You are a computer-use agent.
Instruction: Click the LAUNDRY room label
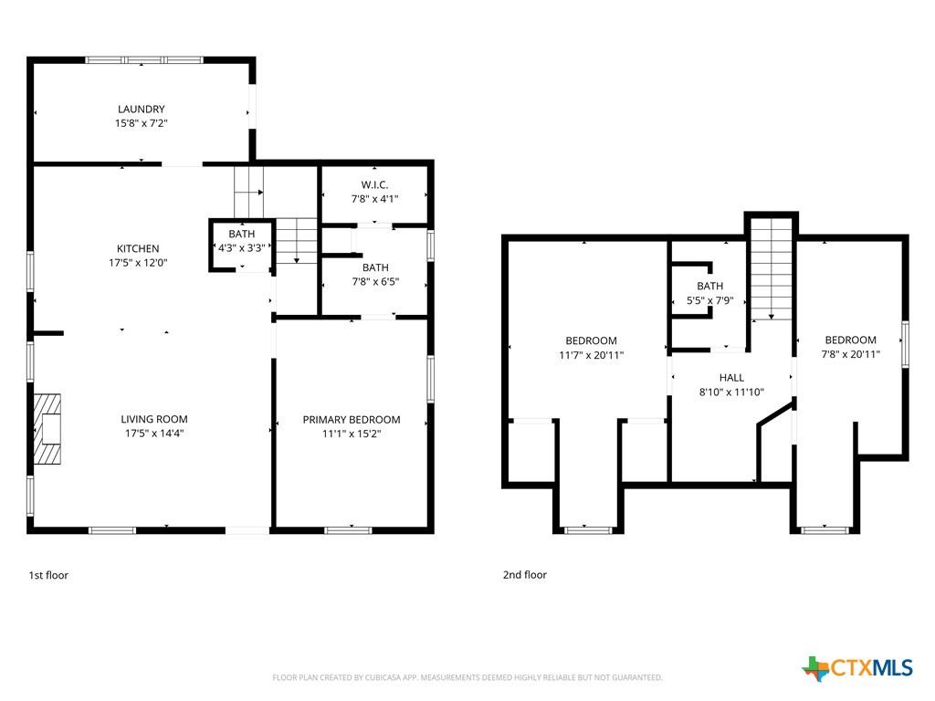tap(142, 110)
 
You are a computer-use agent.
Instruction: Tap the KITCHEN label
tap(138, 248)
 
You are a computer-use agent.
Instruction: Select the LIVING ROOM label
tap(153, 419)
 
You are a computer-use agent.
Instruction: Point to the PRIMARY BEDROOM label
tap(352, 420)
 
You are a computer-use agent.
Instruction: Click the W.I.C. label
tap(374, 184)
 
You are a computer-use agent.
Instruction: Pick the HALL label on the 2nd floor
tap(731, 377)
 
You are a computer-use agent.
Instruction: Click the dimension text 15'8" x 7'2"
tap(142, 123)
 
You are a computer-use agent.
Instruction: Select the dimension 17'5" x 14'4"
tap(153, 434)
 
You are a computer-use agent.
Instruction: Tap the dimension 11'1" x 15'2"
tap(352, 434)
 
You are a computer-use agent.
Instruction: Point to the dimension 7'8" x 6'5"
tap(375, 282)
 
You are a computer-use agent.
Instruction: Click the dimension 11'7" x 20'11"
tap(591, 355)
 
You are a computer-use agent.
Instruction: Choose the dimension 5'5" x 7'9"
tap(709, 300)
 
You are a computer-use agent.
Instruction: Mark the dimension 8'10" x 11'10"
tap(731, 392)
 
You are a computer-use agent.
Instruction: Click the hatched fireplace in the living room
tap(47, 429)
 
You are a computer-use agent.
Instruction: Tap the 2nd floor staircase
tap(771, 269)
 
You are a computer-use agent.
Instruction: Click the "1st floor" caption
tap(48, 575)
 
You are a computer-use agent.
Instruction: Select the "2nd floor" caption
tap(525, 575)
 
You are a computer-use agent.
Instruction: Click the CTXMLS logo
tap(857, 668)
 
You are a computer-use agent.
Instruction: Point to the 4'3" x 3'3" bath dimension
tap(241, 248)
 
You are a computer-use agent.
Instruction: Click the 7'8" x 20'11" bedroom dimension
tap(850, 354)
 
